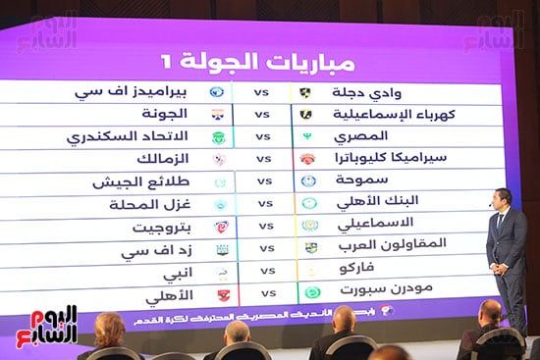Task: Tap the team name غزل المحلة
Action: (147, 205)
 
